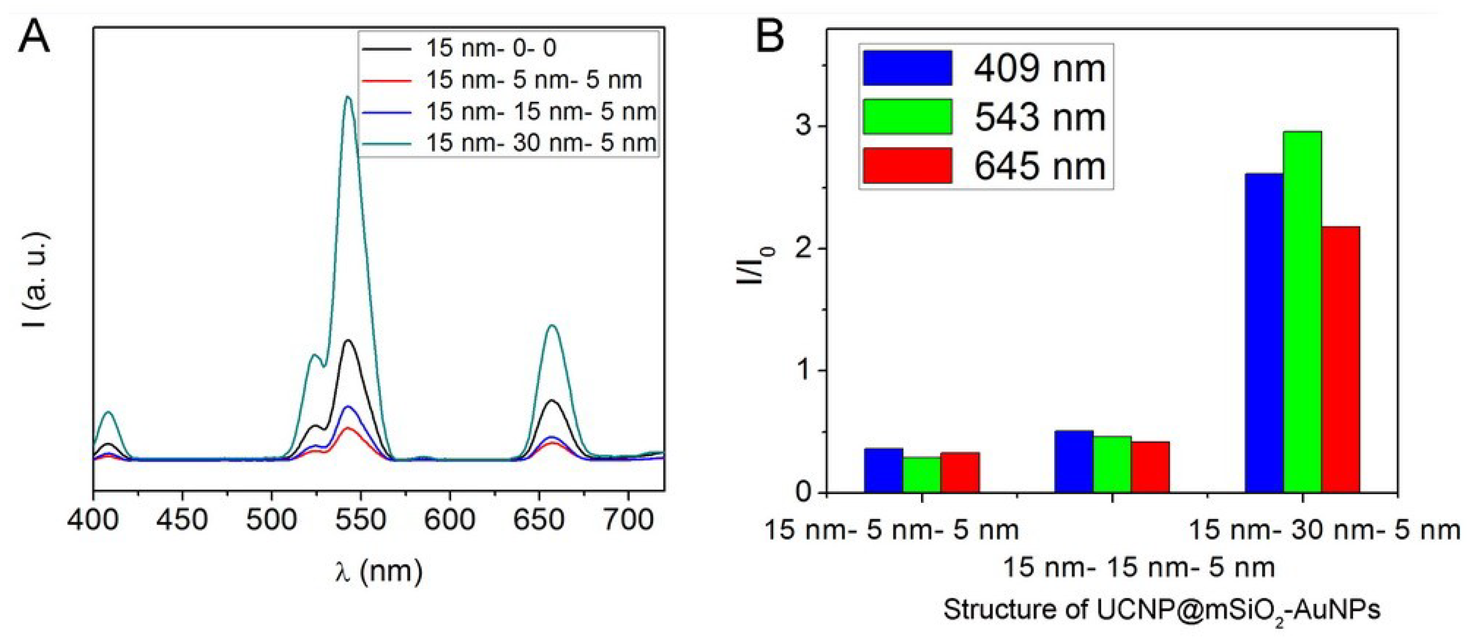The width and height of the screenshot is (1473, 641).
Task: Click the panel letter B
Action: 770,37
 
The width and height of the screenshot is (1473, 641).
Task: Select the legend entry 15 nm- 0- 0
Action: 491,48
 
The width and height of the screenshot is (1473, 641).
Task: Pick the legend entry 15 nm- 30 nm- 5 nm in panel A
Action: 541,143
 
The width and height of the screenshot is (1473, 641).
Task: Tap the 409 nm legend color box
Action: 907,68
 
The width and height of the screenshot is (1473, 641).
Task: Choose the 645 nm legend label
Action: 1040,166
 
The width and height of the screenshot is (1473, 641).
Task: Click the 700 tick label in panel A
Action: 628,520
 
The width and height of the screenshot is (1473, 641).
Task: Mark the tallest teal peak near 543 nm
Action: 348,98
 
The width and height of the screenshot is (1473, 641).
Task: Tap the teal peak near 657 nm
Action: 552,326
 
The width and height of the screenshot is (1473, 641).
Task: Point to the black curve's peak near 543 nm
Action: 348,341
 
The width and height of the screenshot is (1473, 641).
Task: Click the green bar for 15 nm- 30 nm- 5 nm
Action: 1302,311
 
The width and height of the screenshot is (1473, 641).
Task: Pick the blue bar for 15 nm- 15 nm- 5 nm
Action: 1074,461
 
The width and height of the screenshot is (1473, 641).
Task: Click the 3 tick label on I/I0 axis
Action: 803,126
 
